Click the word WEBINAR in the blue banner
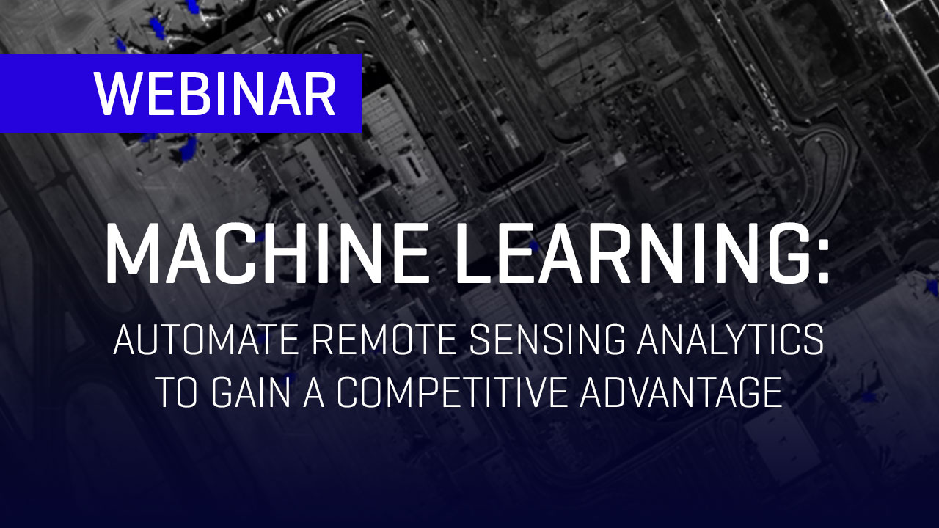tap(214, 93)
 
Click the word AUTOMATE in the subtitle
tap(206, 340)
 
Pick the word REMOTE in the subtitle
tap(384, 340)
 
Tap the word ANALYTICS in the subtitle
tap(731, 340)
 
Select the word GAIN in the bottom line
tap(251, 392)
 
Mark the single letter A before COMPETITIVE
tap(314, 392)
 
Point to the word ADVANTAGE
tap(682, 392)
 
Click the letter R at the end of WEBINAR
tap(321, 93)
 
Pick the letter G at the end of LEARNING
tap(783, 254)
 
